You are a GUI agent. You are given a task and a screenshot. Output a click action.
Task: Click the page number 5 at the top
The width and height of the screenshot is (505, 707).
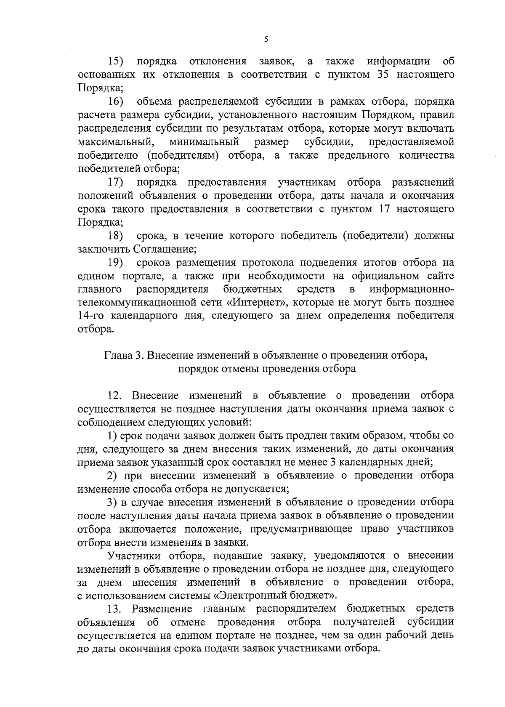pos(266,40)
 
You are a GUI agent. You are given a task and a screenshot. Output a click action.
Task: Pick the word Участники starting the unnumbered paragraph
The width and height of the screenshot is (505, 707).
pos(135,556)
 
